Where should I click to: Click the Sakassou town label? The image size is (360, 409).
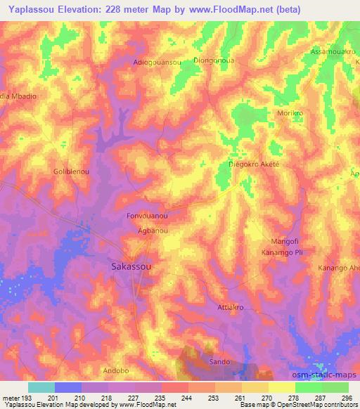click(132, 267)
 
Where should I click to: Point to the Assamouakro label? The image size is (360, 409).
click(333, 53)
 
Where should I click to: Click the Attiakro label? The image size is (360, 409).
click(231, 308)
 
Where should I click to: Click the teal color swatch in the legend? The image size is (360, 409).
click(41, 387)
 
